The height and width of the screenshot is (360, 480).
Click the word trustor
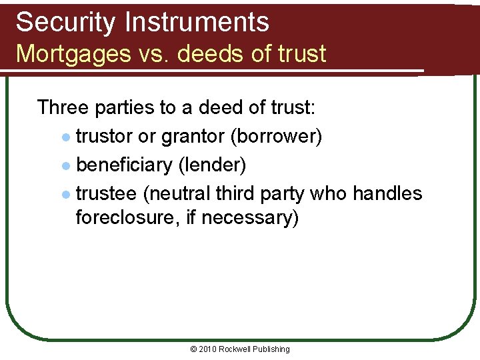(x=103, y=137)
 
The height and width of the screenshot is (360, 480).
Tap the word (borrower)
(x=277, y=137)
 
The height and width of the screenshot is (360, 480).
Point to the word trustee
(x=107, y=193)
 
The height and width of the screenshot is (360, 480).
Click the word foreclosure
(x=129, y=217)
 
